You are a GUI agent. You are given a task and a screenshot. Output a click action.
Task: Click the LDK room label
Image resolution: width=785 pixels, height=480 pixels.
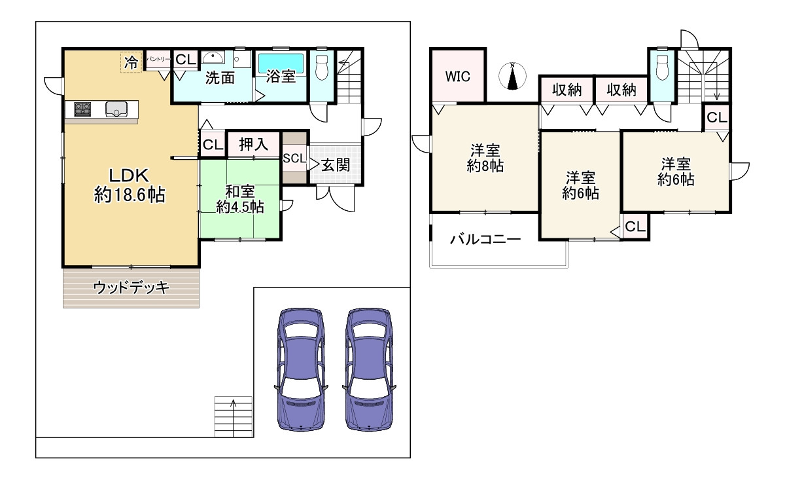[x=130, y=185]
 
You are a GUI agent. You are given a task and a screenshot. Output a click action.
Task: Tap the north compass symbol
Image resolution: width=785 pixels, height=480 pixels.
[x=513, y=77]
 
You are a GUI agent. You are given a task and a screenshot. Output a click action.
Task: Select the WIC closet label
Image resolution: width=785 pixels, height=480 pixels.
[x=457, y=75]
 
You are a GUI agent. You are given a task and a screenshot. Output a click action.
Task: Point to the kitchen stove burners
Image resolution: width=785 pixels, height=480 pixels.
[x=83, y=109]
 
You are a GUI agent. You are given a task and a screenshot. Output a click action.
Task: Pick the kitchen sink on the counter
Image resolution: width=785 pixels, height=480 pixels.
[x=116, y=109]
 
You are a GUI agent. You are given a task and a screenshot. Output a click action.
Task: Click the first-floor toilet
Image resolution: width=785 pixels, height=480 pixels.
[x=321, y=65]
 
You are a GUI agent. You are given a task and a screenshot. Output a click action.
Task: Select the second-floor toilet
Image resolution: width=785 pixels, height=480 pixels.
[x=661, y=66]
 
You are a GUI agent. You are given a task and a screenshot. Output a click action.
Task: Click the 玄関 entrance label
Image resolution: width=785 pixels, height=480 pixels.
[x=334, y=166]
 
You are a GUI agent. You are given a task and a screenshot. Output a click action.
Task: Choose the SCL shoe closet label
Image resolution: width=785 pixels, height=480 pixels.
[x=294, y=158]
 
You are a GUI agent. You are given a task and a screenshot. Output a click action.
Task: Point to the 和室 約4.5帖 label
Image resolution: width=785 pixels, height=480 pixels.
[x=240, y=198]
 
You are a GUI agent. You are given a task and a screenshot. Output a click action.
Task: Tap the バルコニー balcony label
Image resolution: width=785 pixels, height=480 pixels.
[x=485, y=240]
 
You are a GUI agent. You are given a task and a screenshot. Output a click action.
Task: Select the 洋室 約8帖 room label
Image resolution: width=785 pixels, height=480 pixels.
[x=485, y=157]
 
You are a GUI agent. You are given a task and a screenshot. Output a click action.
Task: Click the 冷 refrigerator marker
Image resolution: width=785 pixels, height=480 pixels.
[x=131, y=62]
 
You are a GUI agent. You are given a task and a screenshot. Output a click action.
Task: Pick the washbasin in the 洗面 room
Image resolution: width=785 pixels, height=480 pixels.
[x=213, y=56]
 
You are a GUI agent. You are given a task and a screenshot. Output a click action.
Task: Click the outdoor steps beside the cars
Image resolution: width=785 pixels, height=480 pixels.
[x=232, y=416]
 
